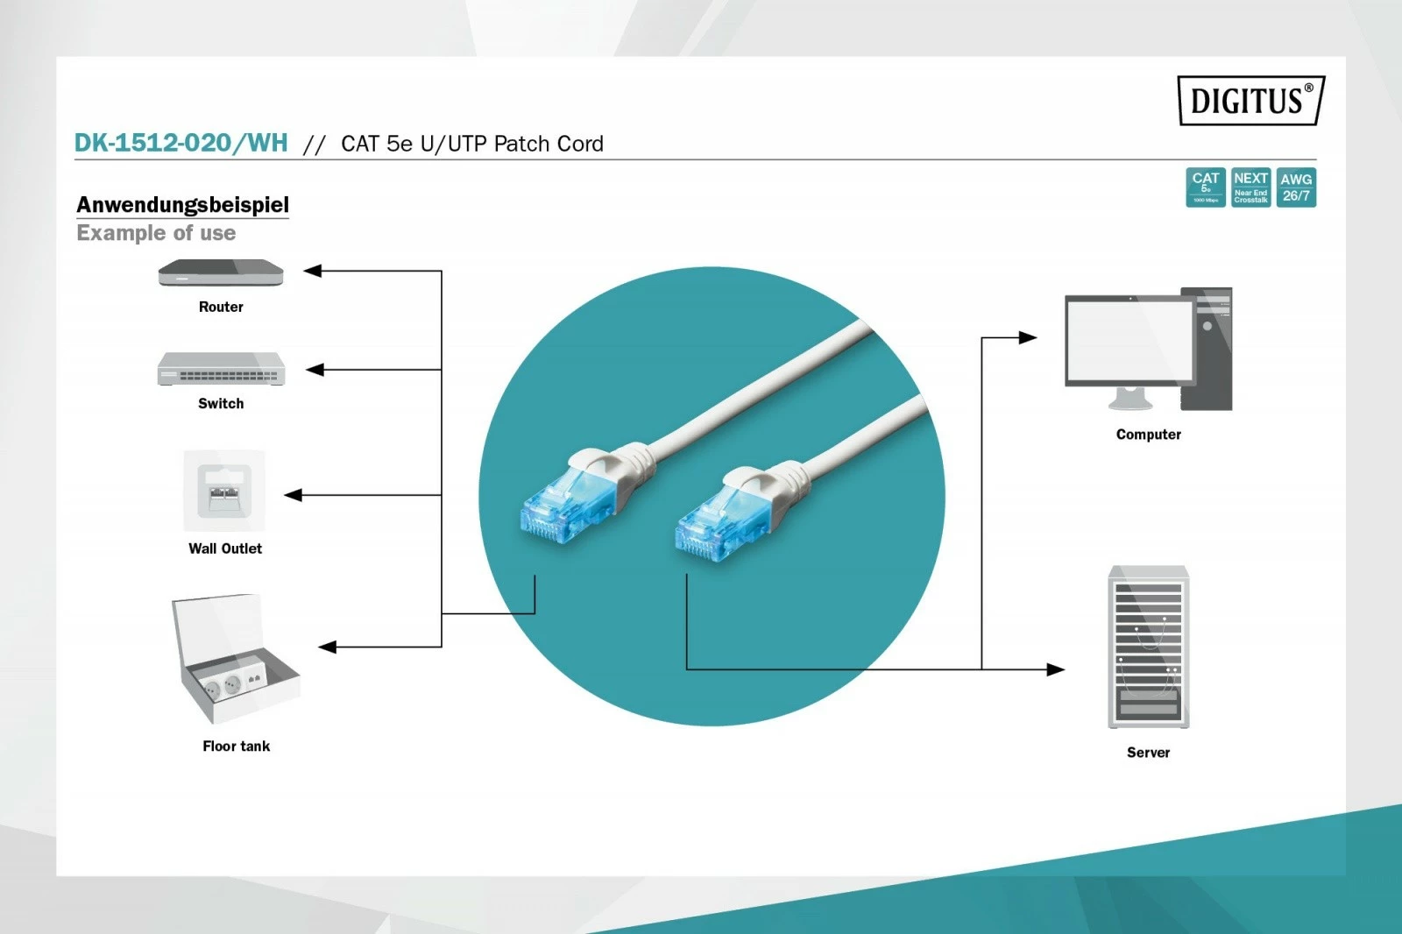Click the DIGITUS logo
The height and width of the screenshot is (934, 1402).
pyautogui.click(x=1250, y=101)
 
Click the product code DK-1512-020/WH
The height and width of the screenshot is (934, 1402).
pyautogui.click(x=181, y=143)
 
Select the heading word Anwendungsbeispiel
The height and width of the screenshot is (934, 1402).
pyautogui.click(x=182, y=204)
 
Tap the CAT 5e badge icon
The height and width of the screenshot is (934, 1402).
pyautogui.click(x=1205, y=188)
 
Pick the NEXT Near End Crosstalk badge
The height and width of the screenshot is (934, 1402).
pyautogui.click(x=1250, y=188)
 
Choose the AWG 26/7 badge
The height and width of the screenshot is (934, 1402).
pyautogui.click(x=1296, y=188)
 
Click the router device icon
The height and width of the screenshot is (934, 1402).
pyautogui.click(x=221, y=273)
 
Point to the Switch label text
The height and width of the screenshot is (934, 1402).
pyautogui.click(x=221, y=403)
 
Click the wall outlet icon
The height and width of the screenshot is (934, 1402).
pyautogui.click(x=224, y=491)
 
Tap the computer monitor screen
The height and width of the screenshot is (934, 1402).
pyautogui.click(x=1129, y=340)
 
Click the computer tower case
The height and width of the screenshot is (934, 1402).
pyautogui.click(x=1207, y=349)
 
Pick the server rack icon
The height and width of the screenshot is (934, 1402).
pyautogui.click(x=1148, y=647)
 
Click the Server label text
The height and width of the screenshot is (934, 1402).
pyautogui.click(x=1148, y=752)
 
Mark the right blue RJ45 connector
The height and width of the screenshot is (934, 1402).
pyautogui.click(x=714, y=526)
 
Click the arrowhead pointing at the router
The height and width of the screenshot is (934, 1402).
pyautogui.click(x=313, y=271)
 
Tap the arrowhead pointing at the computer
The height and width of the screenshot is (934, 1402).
pyautogui.click(x=1028, y=337)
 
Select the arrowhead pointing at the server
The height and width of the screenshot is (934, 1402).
pyautogui.click(x=1056, y=669)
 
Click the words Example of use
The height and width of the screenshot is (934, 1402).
pyautogui.click(x=156, y=233)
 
